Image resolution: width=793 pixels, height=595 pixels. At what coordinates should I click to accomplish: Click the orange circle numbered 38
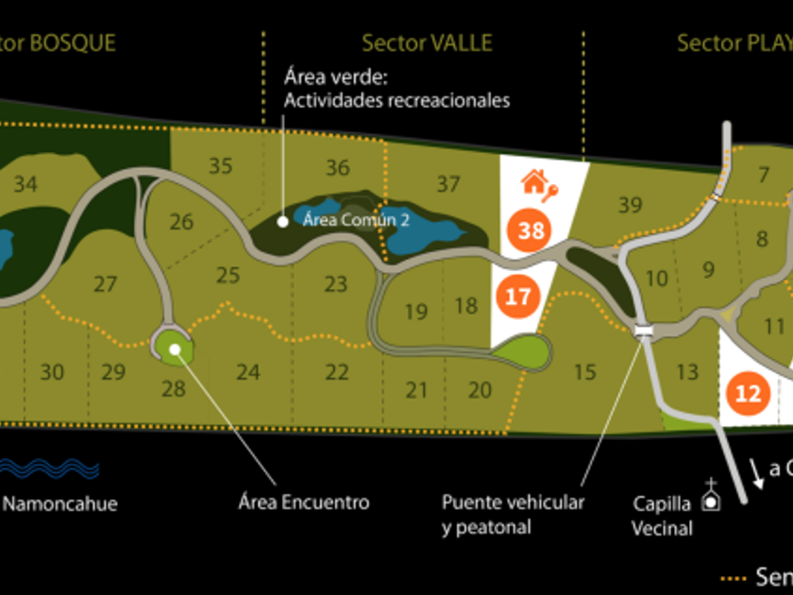[x=531, y=230]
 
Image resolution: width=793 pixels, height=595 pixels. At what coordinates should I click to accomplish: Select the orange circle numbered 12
[x=748, y=393]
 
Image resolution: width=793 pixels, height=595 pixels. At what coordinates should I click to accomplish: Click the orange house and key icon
[x=539, y=182]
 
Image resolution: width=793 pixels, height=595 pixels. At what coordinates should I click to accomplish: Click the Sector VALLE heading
[x=427, y=42]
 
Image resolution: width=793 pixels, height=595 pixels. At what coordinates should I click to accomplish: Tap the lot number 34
[x=25, y=184]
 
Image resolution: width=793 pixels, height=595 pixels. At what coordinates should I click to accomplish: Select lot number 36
[x=338, y=168]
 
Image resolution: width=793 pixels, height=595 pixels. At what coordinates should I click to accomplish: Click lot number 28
[x=174, y=387]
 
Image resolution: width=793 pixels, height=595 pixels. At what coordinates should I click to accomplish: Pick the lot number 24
[x=248, y=372]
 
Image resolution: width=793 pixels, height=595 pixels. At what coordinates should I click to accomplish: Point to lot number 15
[x=585, y=372]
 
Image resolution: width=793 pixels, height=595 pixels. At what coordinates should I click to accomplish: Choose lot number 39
[x=630, y=204]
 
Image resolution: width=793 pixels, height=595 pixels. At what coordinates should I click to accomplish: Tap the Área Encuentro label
[x=303, y=502]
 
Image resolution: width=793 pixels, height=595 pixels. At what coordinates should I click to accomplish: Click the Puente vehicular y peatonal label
[x=513, y=515]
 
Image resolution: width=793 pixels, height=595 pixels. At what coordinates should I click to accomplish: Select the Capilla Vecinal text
[x=663, y=515]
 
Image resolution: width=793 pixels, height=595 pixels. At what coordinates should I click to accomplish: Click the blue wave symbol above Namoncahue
[x=49, y=468]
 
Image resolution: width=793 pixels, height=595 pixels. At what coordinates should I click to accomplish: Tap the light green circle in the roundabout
[x=176, y=348]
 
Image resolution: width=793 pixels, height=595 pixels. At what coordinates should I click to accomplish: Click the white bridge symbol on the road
[x=645, y=330]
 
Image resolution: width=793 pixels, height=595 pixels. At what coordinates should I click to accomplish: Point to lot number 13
[x=687, y=372]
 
